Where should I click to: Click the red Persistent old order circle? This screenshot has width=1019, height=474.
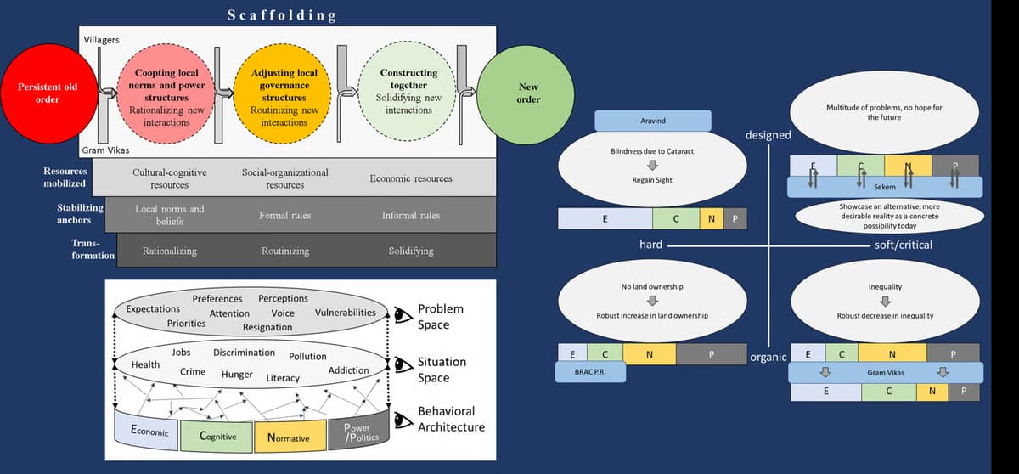[47, 93]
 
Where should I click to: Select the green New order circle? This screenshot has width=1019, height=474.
[527, 93]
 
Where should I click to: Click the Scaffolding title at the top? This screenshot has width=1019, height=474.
[283, 15]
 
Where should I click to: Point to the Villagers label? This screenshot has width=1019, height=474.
[101, 40]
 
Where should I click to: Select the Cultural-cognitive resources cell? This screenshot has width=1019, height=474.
[169, 178]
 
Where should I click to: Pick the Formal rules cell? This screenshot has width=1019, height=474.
[284, 215]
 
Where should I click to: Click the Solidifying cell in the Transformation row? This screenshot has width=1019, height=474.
[410, 251]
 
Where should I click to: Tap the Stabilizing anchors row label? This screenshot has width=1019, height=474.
[80, 214]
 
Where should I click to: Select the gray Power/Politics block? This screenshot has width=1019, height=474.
[357, 432]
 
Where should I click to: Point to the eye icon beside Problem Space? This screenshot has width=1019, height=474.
[402, 315]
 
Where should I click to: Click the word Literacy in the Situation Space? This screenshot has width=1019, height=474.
[283, 378]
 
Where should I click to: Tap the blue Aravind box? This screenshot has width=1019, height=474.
[652, 121]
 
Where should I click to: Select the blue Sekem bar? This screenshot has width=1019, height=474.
[884, 186]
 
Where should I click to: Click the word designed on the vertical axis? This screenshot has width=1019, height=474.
[768, 134]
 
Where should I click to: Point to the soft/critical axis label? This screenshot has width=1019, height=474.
[903, 245]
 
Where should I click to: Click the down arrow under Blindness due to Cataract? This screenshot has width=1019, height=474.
[653, 165]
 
